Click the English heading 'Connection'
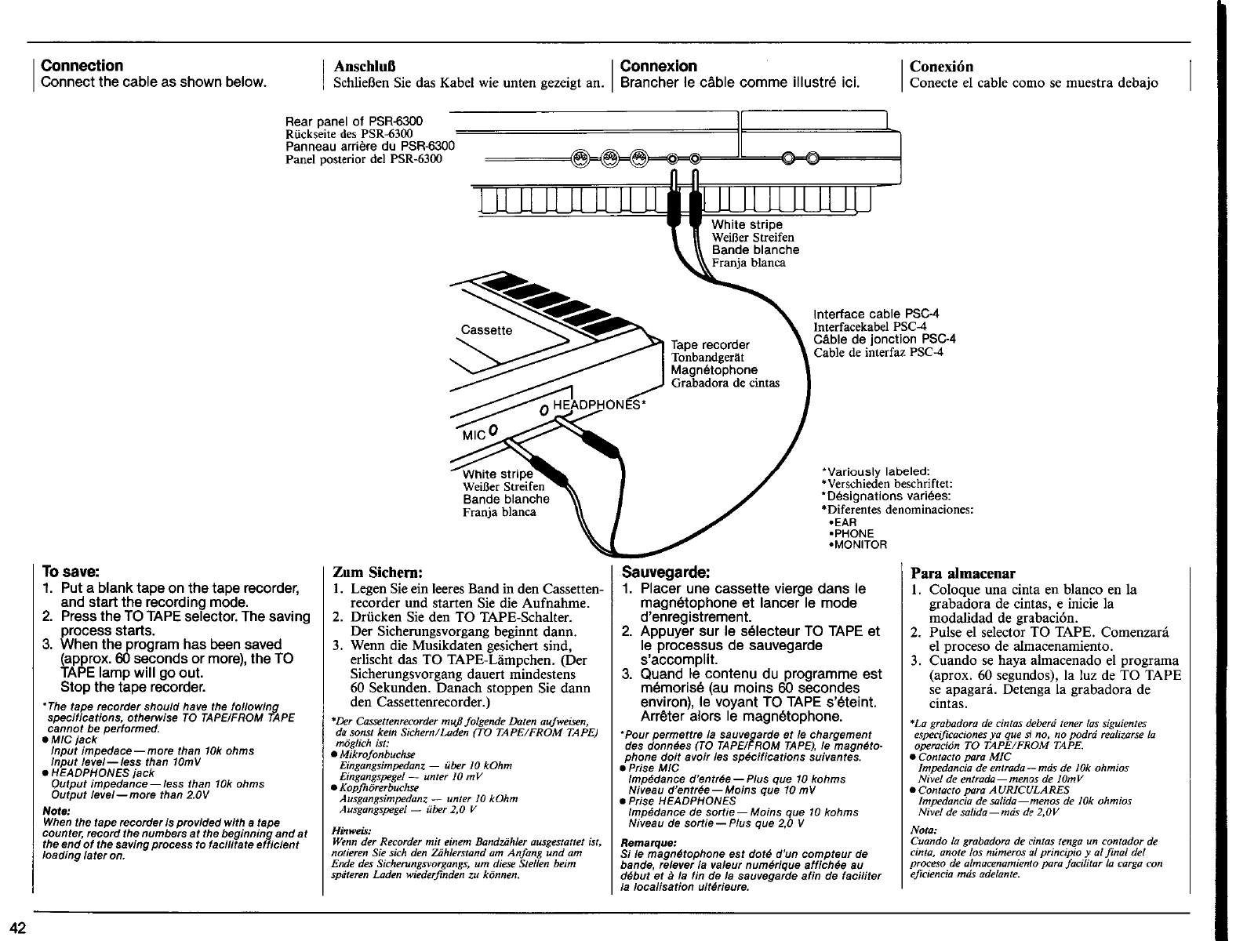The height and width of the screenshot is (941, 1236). click(82, 66)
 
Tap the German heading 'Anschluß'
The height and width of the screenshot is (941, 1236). click(362, 67)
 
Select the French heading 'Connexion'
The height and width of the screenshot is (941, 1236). click(658, 66)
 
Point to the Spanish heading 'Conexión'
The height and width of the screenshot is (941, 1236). click(941, 67)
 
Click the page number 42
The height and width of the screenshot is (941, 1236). click(18, 928)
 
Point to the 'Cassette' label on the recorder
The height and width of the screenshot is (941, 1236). click(486, 330)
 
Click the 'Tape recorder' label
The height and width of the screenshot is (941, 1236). click(710, 345)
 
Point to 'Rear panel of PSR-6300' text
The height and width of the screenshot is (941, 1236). click(354, 122)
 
